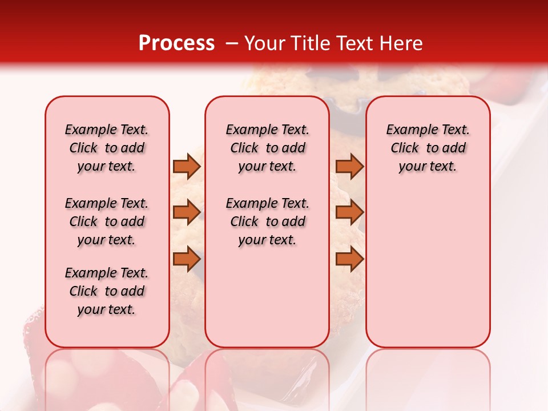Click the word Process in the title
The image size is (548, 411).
[176, 43]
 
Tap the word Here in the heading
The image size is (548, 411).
[402, 43]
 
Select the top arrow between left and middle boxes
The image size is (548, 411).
[187, 166]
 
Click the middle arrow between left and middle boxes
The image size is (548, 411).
[187, 212]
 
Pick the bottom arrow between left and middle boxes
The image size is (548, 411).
[187, 259]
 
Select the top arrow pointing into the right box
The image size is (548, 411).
[349, 166]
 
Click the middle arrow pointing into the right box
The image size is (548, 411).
[349, 212]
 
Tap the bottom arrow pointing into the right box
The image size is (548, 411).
[349, 259]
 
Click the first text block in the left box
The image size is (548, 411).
[107, 148]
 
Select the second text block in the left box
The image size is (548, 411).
[107, 221]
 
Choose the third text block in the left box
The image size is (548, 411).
[107, 291]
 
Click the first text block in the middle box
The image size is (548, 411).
[267, 148]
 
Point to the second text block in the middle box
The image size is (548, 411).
[267, 221]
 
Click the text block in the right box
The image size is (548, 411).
[428, 148]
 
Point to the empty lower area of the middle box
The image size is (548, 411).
[267, 297]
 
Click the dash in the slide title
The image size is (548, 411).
[231, 43]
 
